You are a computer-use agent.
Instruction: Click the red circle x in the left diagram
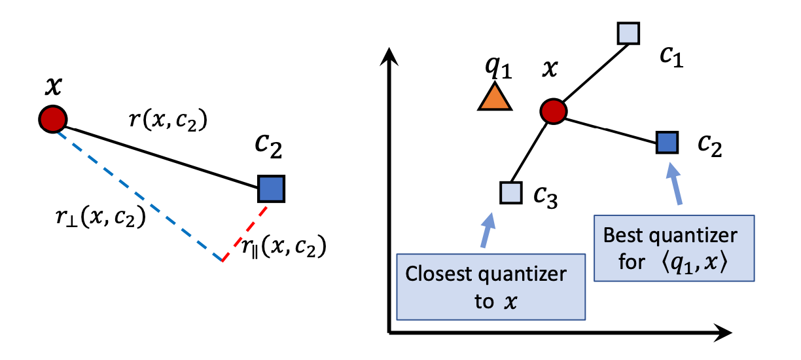[x=52, y=118]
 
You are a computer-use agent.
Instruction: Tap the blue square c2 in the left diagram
[x=271, y=189]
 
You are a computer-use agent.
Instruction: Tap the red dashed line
[x=245, y=233]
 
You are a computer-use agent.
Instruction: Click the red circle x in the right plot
[x=553, y=111]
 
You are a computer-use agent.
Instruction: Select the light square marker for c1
[x=628, y=33]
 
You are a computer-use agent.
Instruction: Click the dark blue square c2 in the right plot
[x=667, y=141]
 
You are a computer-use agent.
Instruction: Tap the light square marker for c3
[x=510, y=192]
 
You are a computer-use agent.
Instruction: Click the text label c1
[x=671, y=59]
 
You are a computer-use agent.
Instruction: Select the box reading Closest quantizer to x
[x=491, y=287]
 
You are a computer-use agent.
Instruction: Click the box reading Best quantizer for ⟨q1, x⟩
[x=674, y=248]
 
